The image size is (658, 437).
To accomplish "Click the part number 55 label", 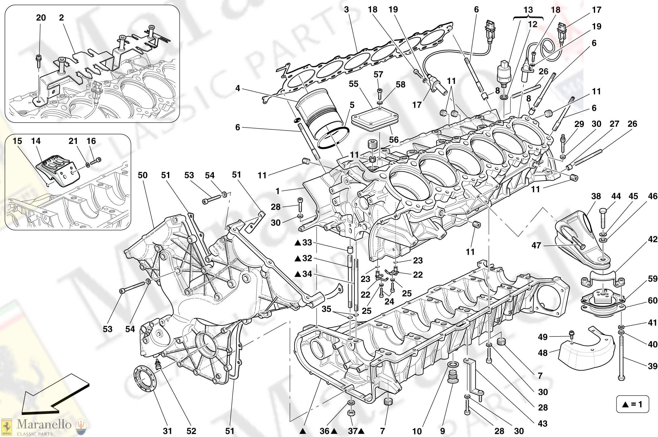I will tap(353, 84).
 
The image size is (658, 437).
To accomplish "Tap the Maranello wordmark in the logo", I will tap(44, 424).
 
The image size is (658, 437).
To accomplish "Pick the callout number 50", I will tap(142, 175).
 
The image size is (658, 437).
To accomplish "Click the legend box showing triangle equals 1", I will tap(632, 404).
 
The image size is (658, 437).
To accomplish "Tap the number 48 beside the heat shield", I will tap(543, 353).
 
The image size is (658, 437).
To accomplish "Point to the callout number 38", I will tap(596, 196).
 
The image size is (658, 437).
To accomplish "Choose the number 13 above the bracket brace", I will tap(528, 10).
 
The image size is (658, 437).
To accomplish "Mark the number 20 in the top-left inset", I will tap(41, 17).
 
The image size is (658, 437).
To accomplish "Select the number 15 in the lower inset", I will tap(17, 141).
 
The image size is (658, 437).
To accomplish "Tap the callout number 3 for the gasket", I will tap(346, 9).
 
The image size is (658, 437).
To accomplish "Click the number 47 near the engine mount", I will tap(536, 245).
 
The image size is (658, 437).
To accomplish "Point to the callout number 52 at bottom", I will tap(191, 431).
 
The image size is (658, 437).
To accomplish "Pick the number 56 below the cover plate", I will tap(394, 140).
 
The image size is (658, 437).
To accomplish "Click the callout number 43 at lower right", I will tap(542, 423).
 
